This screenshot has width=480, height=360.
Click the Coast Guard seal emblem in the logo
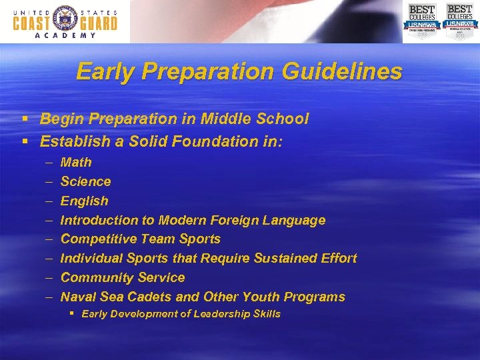tap(65, 18)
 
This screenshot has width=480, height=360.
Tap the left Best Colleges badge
tap(421, 21)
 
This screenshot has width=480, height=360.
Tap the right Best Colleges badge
tap(459, 21)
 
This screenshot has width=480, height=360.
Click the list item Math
tap(76, 162)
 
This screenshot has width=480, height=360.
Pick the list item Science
tap(85, 181)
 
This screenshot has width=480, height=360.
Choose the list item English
tap(84, 201)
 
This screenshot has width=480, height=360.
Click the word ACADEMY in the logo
tap(65, 36)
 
